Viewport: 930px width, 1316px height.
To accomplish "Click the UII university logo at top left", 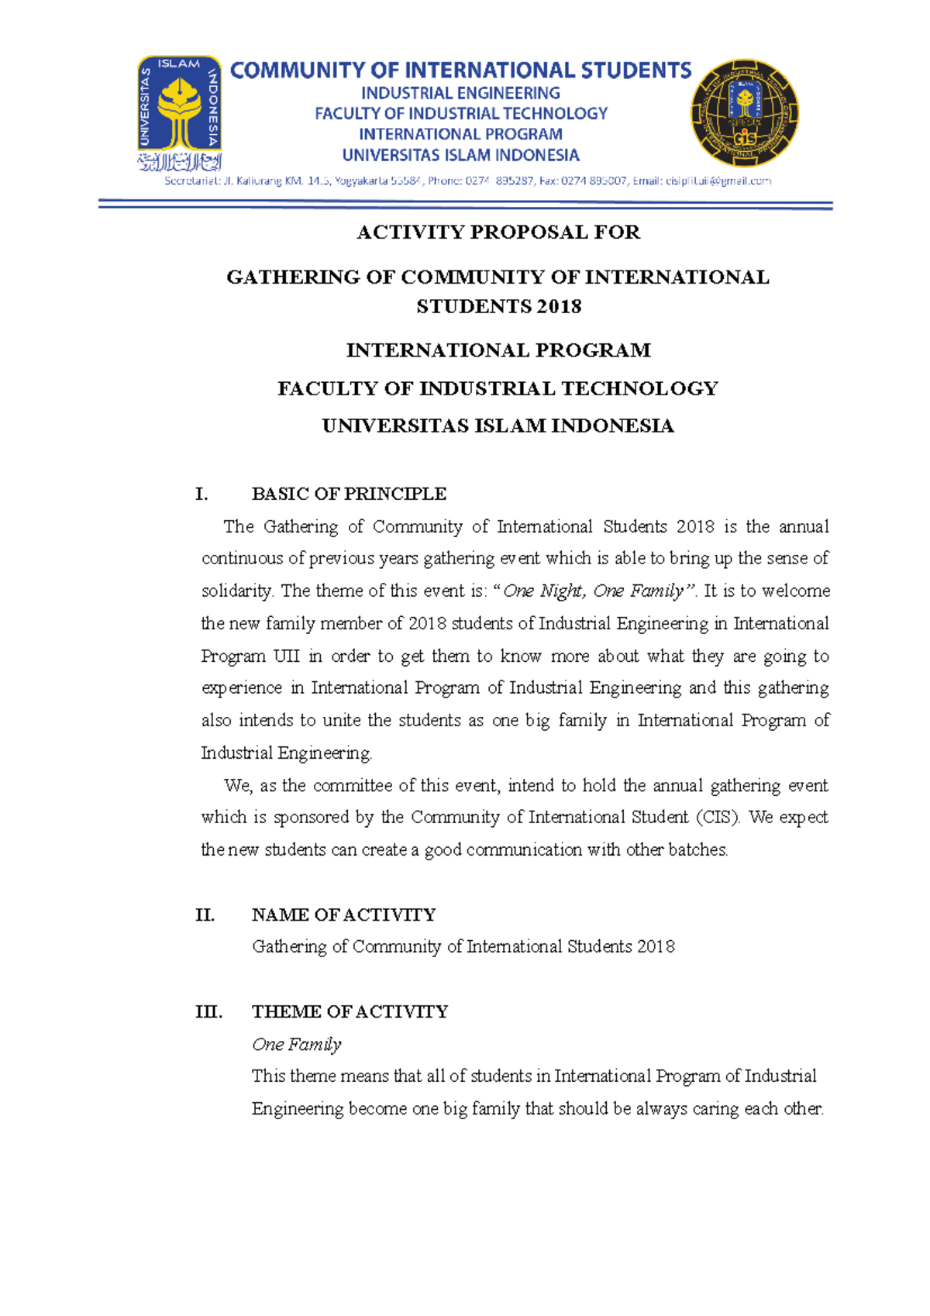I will [x=179, y=113].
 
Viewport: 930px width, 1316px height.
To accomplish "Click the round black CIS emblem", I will [x=744, y=113].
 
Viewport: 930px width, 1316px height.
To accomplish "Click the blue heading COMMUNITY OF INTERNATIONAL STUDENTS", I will [x=460, y=71].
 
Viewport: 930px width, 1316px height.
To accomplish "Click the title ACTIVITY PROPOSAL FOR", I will [x=498, y=233].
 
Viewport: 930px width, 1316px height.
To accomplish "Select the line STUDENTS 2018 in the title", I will [x=498, y=307].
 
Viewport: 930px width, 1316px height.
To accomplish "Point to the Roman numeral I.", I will [x=201, y=494].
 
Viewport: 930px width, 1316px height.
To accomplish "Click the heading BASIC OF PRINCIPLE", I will [x=349, y=494].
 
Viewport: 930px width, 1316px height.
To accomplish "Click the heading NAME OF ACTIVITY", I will [x=343, y=915].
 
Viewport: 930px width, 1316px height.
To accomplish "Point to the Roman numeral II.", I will [x=205, y=915].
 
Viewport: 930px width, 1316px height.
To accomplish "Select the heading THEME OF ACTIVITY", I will [x=350, y=1012].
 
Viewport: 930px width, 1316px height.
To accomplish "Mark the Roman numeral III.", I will [x=208, y=1012].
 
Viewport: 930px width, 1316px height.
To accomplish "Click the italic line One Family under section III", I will [x=296, y=1045].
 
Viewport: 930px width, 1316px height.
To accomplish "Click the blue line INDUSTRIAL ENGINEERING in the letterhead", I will [x=460, y=93].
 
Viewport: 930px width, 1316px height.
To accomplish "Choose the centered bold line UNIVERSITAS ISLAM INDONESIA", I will [x=498, y=426].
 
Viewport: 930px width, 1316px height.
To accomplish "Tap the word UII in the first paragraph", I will [x=286, y=656].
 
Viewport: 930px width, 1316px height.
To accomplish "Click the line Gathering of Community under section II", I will [x=463, y=947].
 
